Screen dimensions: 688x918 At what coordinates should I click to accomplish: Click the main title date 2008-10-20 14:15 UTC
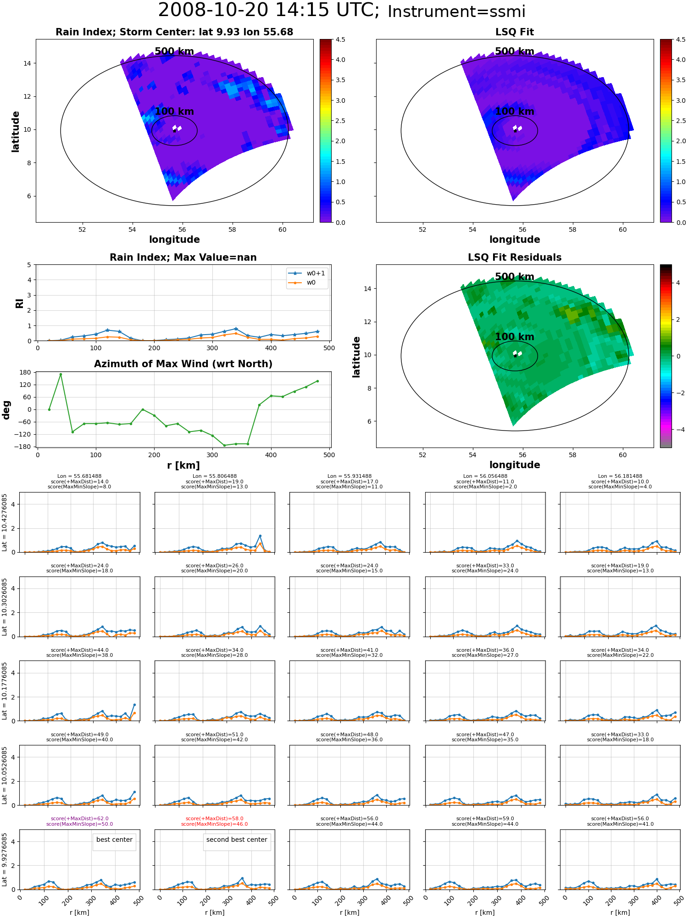(x=269, y=10)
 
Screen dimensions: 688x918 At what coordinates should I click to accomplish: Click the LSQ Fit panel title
(x=515, y=32)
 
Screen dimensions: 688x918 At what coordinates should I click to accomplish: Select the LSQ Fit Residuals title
(x=515, y=257)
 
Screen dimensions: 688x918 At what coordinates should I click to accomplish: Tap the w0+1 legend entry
(x=307, y=273)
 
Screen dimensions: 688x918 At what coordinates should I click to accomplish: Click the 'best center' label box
(x=114, y=840)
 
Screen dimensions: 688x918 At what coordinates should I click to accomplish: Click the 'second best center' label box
(x=237, y=840)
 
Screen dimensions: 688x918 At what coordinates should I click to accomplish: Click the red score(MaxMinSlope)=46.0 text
(x=215, y=824)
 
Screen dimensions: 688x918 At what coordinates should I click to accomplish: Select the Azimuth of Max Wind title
(x=183, y=364)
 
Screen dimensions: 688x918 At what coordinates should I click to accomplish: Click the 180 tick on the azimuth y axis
(x=26, y=372)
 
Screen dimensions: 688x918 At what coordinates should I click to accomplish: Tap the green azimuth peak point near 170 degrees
(x=61, y=374)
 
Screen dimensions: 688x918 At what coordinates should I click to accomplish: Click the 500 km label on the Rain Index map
(x=174, y=51)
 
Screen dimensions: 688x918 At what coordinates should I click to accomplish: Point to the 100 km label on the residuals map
(x=515, y=336)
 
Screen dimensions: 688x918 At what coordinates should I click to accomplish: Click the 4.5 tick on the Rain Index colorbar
(x=340, y=39)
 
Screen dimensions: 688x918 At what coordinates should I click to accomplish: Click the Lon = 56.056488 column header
(x=485, y=476)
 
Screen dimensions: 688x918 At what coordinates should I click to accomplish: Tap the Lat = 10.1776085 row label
(x=5, y=691)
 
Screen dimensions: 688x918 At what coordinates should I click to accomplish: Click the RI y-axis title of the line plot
(x=19, y=303)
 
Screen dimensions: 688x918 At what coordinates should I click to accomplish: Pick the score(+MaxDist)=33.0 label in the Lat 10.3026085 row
(x=485, y=565)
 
